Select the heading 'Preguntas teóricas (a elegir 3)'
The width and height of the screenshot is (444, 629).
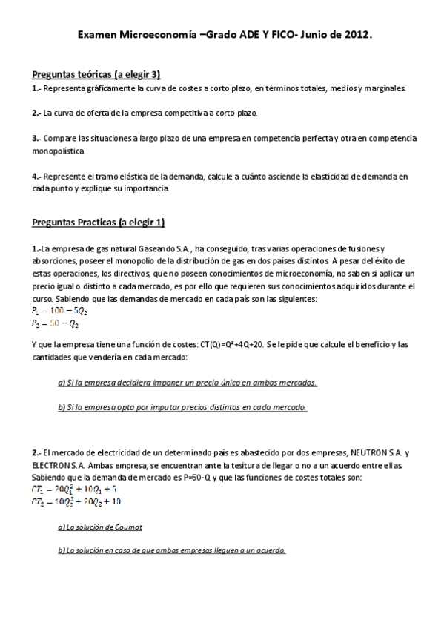96,74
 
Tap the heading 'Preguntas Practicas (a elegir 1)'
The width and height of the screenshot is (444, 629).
99,223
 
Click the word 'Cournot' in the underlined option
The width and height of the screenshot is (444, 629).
126,527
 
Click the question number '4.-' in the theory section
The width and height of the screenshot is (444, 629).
36,177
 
